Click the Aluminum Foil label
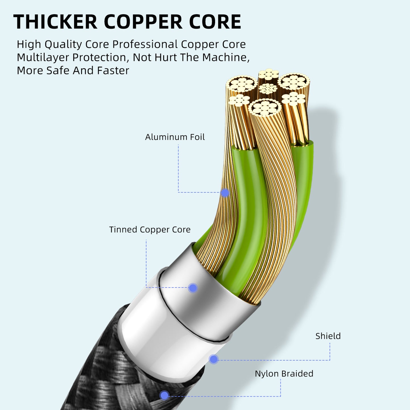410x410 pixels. pyautogui.click(x=175, y=137)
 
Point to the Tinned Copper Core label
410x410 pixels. pyautogui.click(x=150, y=230)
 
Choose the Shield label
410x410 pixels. pyautogui.click(x=328, y=336)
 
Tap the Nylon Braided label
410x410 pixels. pyautogui.click(x=284, y=374)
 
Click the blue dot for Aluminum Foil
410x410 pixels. pyautogui.click(x=225, y=193)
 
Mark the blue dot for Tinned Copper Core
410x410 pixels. pyautogui.click(x=193, y=288)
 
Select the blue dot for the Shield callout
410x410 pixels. pyautogui.click(x=213, y=359)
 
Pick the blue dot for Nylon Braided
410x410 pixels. pyautogui.click(x=164, y=395)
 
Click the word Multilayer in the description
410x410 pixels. pyautogui.click(x=43, y=58)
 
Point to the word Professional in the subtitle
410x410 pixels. pyautogui.click(x=145, y=44)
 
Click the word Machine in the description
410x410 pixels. pyautogui.click(x=226, y=58)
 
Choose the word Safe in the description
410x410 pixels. pyautogui.click(x=58, y=71)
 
